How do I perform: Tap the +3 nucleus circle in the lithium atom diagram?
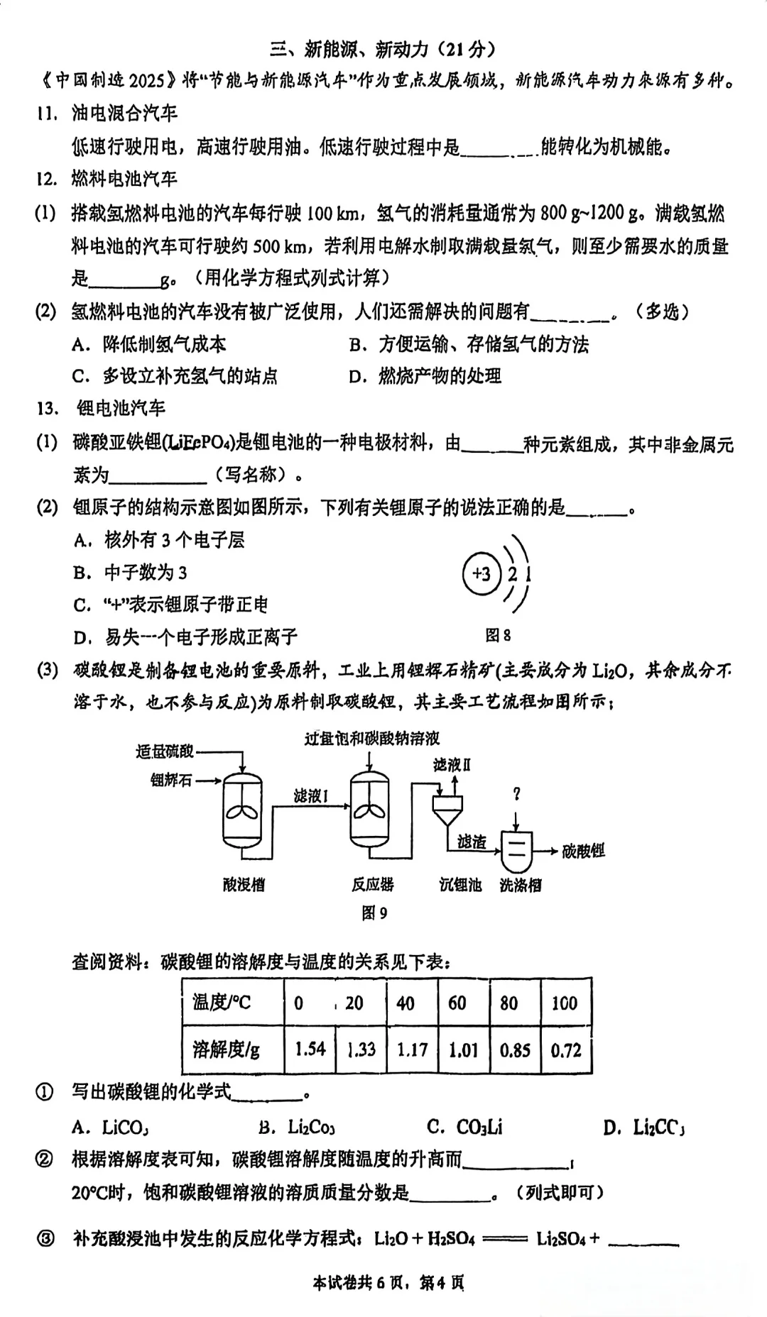(482, 573)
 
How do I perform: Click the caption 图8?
(498, 635)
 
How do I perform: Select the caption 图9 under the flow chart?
(374, 913)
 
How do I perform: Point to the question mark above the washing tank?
(516, 794)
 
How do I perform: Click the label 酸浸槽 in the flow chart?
(244, 885)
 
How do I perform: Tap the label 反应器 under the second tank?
(372, 885)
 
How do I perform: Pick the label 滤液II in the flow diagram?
(452, 764)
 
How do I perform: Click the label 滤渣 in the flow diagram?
(472, 842)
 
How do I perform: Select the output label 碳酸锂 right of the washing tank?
(583, 850)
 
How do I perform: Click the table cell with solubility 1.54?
(310, 1049)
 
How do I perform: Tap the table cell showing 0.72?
(566, 1049)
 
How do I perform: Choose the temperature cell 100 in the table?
(565, 1003)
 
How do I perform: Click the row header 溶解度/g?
(227, 1049)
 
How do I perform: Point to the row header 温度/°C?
(222, 1003)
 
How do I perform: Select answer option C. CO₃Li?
(464, 1127)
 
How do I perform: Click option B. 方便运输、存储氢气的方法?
(469, 344)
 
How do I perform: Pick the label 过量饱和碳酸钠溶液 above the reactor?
(372, 739)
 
